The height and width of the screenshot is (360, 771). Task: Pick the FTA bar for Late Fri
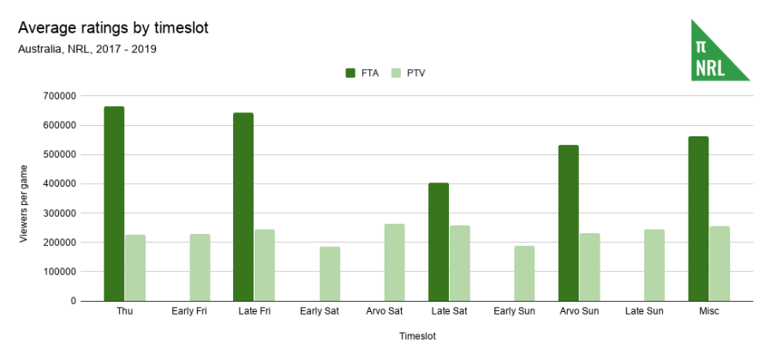[x=243, y=207]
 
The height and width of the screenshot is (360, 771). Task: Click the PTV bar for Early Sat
[x=330, y=273]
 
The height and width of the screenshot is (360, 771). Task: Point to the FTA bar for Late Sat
[x=439, y=242]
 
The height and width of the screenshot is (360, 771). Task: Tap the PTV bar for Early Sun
[x=524, y=273]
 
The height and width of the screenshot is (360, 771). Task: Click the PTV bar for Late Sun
[x=654, y=265]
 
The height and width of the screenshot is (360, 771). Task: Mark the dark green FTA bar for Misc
[x=698, y=219]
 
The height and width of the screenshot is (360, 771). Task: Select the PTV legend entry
[x=408, y=73]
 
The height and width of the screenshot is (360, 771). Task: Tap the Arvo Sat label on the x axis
[x=383, y=311]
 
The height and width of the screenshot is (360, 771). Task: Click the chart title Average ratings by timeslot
[x=113, y=28]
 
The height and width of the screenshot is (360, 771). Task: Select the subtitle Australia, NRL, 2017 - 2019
[x=87, y=49]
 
